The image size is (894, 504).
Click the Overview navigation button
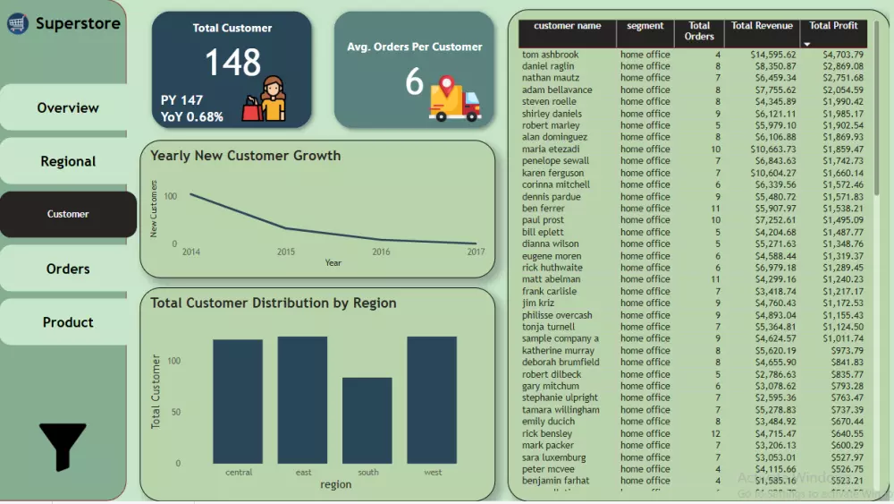(67, 107)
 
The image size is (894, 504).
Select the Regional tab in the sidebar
(67, 161)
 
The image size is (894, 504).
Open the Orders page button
(67, 269)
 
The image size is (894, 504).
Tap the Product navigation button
(67, 322)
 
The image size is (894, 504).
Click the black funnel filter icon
(63, 445)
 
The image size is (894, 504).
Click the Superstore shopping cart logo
(18, 24)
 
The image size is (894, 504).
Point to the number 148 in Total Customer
(232, 63)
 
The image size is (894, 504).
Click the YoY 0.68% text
(191, 116)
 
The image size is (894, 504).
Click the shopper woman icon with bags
(272, 99)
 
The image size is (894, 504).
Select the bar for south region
(367, 420)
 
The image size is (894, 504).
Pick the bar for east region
(302, 399)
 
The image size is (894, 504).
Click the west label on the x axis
(432, 472)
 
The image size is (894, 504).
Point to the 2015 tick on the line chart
(286, 252)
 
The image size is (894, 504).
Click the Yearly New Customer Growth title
(245, 156)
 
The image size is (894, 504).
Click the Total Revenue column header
(762, 26)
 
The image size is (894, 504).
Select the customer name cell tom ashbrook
(550, 55)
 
